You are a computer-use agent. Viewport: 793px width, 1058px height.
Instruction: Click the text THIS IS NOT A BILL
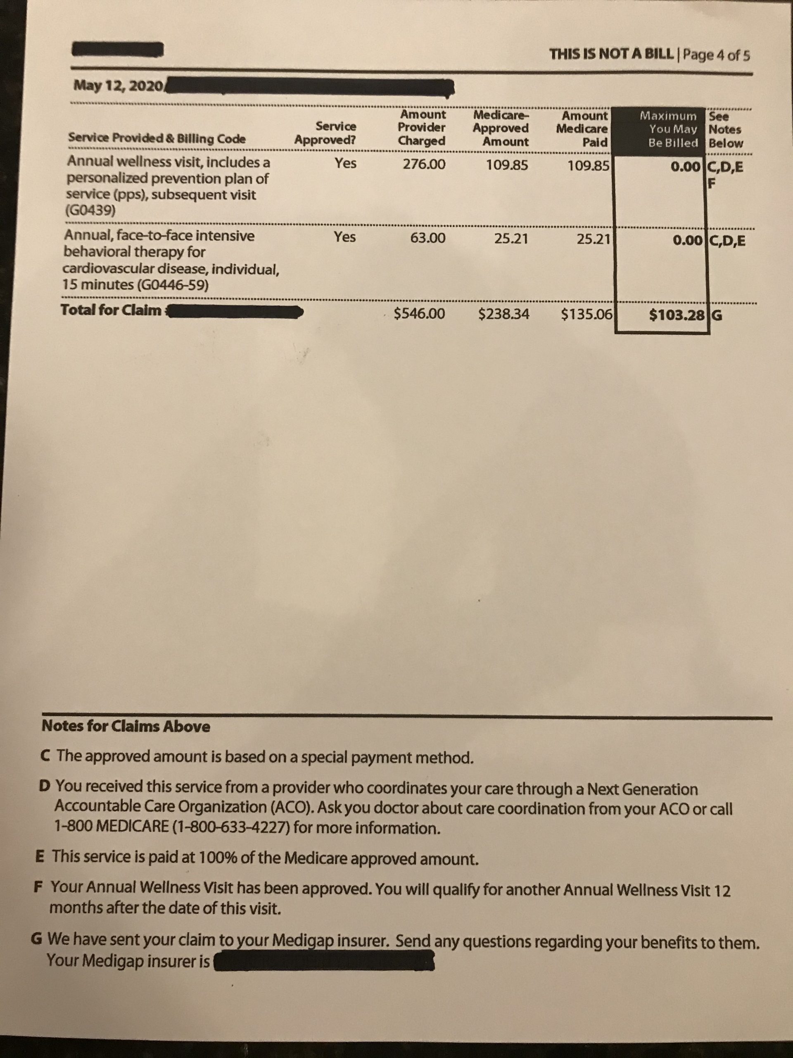coord(614,54)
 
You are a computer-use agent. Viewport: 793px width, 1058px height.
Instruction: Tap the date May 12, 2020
coord(118,86)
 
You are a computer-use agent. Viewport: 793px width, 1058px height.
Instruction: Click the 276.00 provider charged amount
coord(423,164)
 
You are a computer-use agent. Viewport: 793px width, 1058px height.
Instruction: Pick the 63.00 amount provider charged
coord(428,238)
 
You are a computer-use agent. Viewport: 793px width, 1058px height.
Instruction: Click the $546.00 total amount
coord(419,314)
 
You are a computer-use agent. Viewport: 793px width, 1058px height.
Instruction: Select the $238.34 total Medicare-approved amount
coord(504,314)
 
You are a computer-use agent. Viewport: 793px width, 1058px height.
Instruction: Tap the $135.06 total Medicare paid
coord(587,314)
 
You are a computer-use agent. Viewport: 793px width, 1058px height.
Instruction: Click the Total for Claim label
coord(111,310)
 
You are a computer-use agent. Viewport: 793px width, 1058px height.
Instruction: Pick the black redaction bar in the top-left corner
coord(118,49)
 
